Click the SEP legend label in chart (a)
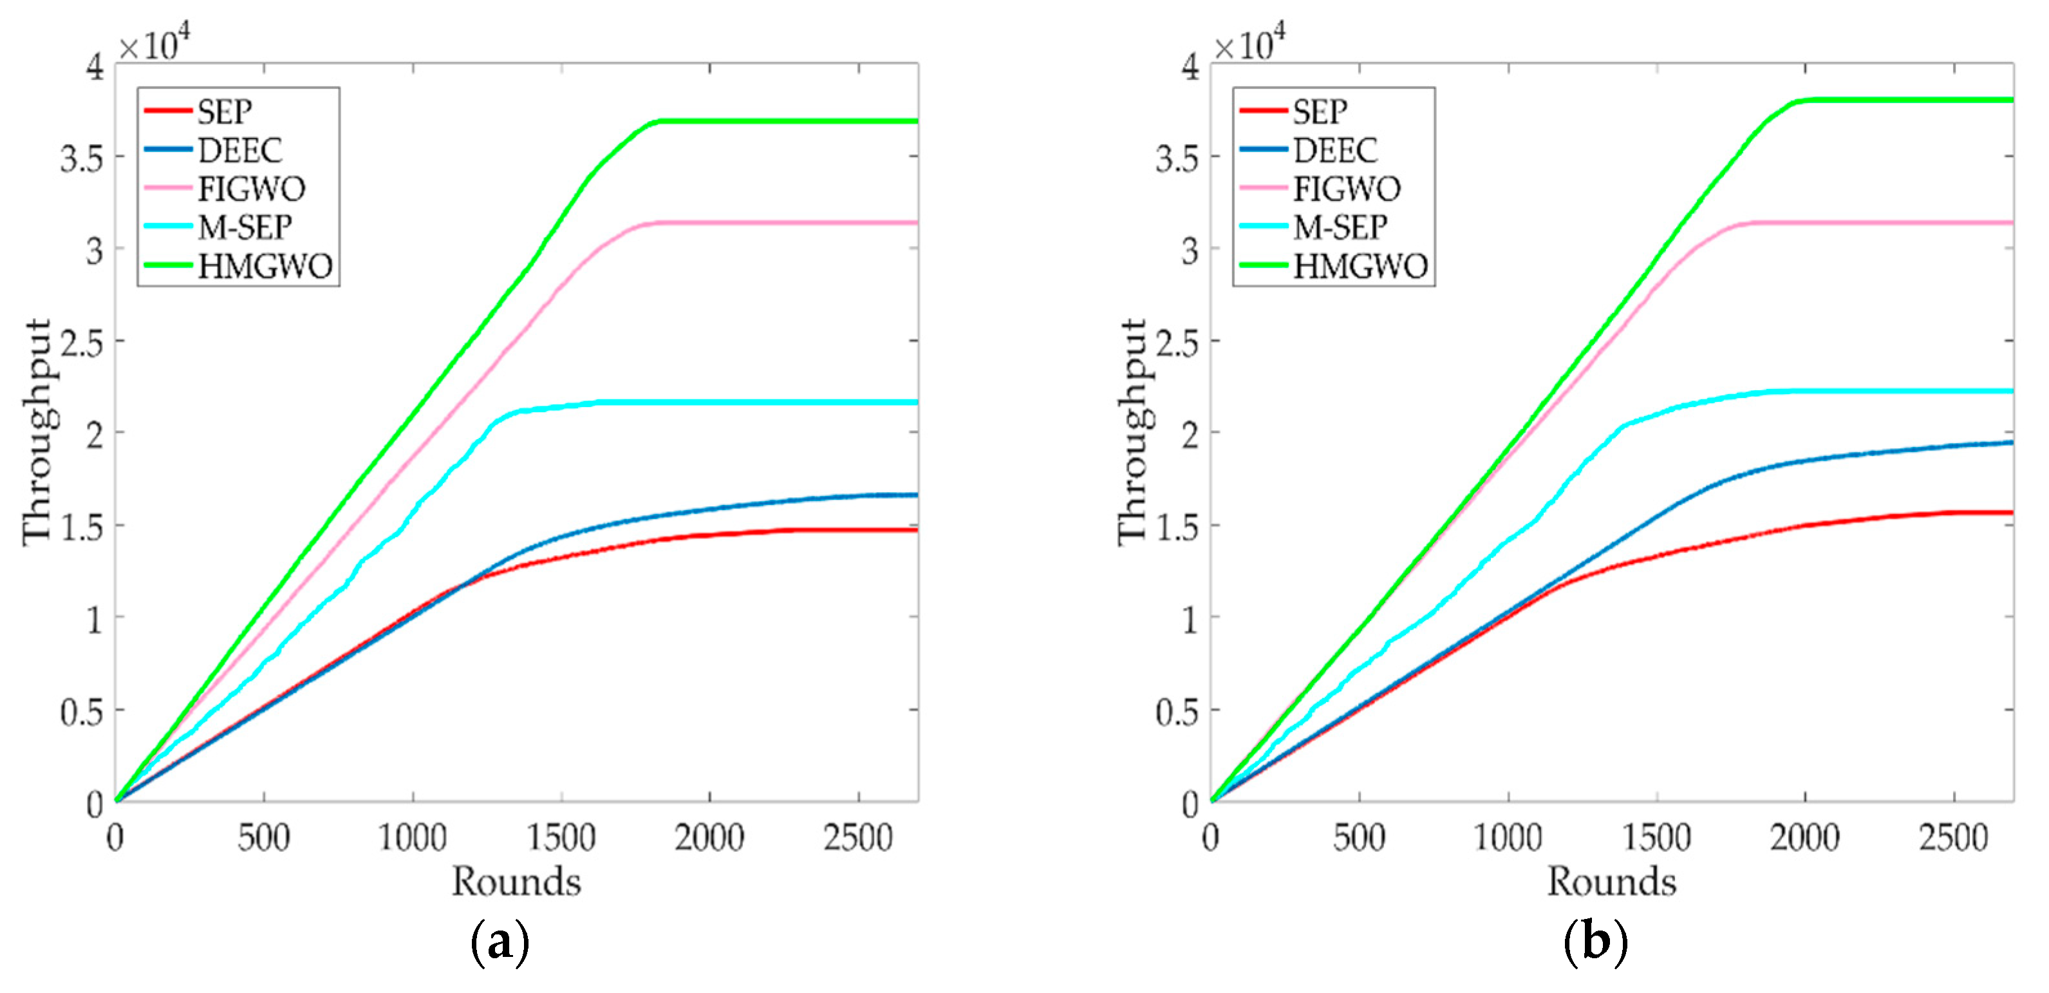[224, 112]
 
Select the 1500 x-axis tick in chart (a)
[561, 838]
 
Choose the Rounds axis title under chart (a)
[516, 882]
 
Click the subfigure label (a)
[500, 943]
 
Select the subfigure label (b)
[1595, 943]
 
